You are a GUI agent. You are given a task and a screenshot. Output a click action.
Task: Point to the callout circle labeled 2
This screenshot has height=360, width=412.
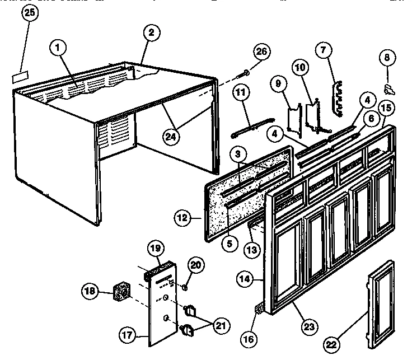coord(150,33)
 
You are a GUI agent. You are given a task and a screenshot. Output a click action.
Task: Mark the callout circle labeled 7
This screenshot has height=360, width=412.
coord(322,49)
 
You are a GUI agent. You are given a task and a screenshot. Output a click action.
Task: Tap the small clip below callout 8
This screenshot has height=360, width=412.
coord(388,87)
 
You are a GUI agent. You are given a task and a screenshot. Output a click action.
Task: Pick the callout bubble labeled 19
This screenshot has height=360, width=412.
coord(156,248)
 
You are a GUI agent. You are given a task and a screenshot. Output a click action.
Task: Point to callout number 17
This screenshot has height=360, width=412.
coord(128,336)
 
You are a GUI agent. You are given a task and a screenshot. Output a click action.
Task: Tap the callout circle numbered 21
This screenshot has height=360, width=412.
coord(219,324)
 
